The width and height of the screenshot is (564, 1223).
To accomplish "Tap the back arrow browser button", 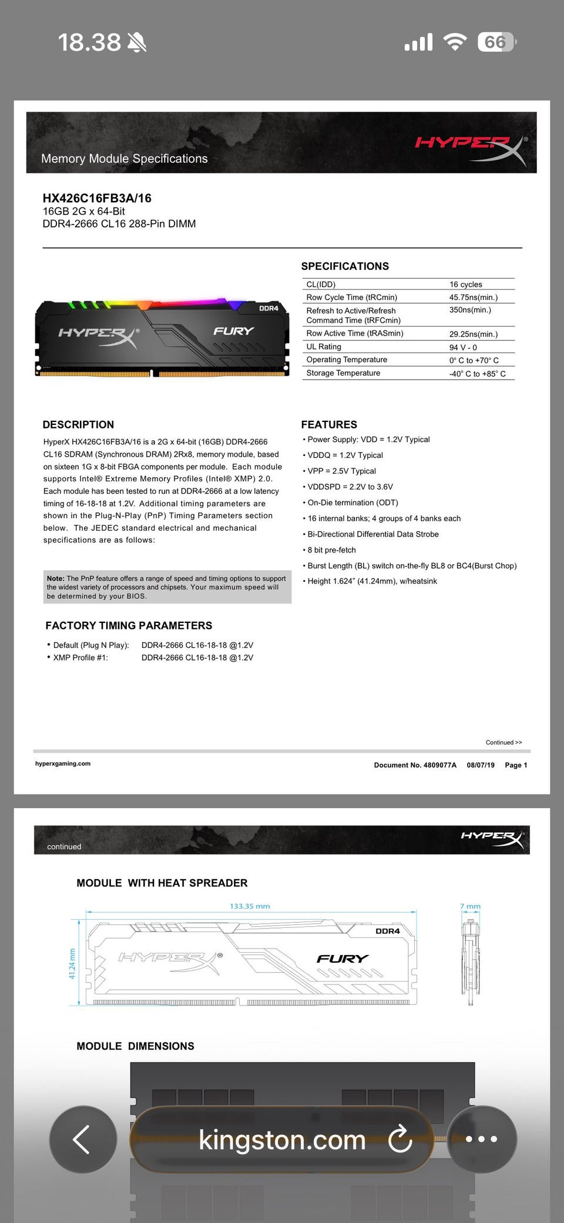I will [x=82, y=1139].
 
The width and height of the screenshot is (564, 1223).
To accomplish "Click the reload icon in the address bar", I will [x=400, y=1139].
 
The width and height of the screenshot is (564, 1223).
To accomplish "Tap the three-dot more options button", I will [x=481, y=1139].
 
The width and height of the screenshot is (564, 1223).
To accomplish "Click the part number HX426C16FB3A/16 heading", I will [x=97, y=198].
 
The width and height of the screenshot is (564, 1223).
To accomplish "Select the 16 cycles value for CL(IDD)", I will [x=466, y=284].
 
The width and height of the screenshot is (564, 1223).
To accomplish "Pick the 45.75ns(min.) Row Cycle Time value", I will [x=474, y=297].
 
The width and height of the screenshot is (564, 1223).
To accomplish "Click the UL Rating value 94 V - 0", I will [x=463, y=347].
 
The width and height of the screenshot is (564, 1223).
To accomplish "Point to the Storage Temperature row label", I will [x=343, y=373].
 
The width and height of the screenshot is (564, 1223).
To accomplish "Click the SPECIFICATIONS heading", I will [x=345, y=266].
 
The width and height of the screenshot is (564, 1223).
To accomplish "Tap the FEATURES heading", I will [x=329, y=424].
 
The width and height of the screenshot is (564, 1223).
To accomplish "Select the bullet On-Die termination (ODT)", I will [x=352, y=502].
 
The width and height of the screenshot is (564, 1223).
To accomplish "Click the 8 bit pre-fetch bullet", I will [x=331, y=550].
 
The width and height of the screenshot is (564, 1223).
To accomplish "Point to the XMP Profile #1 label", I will [x=80, y=658].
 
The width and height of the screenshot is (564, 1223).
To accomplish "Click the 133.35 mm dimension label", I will [x=250, y=906].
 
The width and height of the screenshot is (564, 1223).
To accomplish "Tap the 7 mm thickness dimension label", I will [x=470, y=906].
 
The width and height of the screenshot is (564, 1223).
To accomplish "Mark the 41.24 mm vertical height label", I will [x=72, y=964].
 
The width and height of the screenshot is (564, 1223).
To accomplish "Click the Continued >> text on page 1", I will [x=503, y=742].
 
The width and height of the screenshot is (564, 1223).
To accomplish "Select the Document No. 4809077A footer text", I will [x=415, y=765].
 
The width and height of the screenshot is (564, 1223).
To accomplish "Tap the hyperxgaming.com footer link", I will [x=63, y=763].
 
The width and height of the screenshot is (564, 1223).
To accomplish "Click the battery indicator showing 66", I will [x=496, y=42].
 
